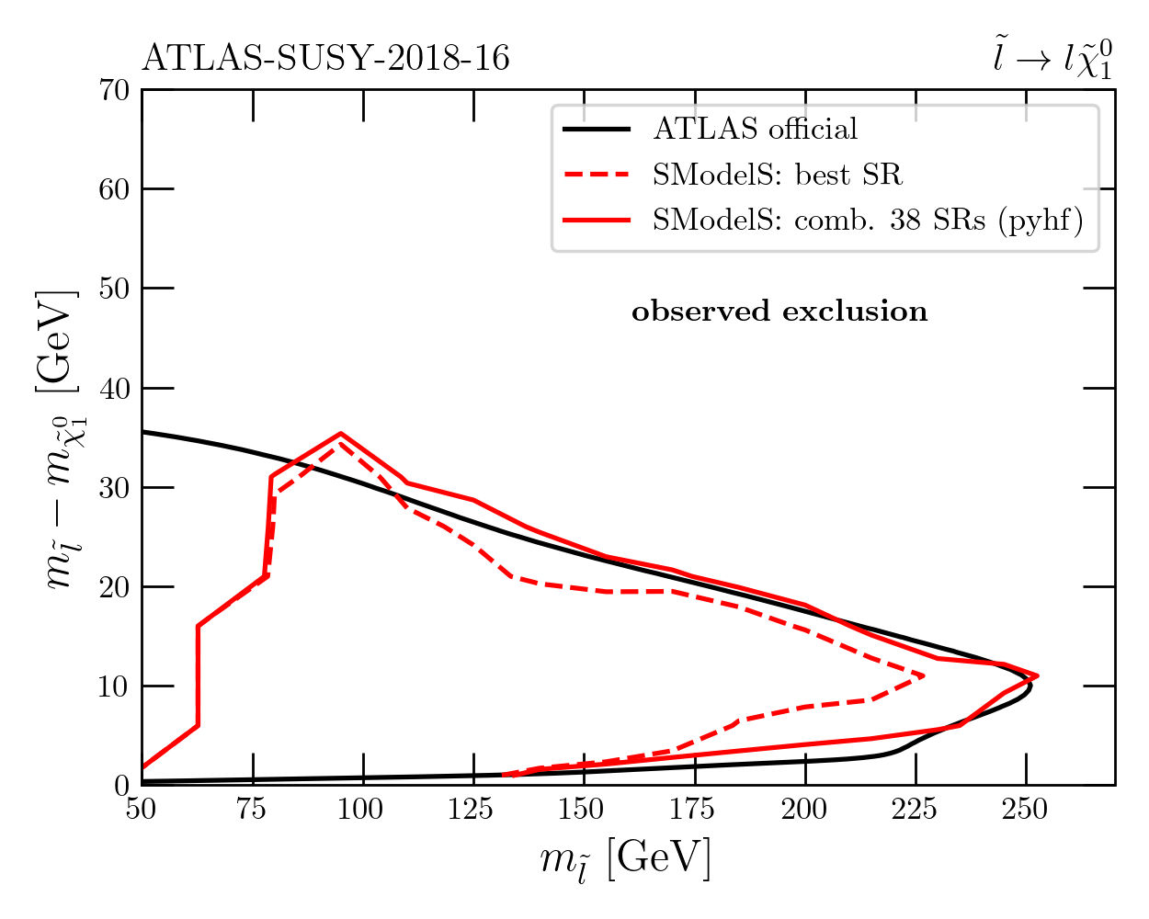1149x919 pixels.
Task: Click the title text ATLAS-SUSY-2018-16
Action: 325,59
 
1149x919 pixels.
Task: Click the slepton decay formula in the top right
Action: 1052,60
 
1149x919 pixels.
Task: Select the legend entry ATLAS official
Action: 755,129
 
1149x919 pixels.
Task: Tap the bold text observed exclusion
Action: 779,312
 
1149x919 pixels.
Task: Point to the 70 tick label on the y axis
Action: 115,90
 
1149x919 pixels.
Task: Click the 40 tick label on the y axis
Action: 115,388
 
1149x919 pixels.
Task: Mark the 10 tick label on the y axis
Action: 115,686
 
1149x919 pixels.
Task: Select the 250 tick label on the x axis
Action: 1027,810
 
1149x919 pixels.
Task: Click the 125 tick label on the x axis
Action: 473,810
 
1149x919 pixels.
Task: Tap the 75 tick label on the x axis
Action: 253,810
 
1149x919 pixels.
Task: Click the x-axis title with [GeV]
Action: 625,860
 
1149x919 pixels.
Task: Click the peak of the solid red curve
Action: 340,433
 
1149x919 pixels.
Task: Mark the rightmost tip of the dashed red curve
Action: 923,676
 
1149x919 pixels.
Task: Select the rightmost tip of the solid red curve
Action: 1038,675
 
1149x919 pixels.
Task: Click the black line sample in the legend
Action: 596,129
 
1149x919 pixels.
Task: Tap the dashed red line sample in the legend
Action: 596,175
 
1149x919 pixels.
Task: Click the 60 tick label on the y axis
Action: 115,189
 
